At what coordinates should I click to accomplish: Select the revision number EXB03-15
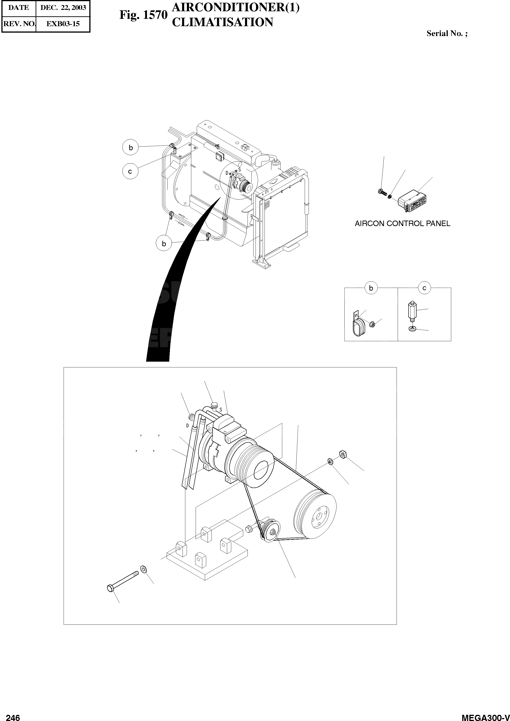point(63,24)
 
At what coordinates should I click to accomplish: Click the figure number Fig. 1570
point(143,15)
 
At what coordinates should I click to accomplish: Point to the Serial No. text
point(447,34)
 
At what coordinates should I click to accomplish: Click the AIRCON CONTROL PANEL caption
point(402,224)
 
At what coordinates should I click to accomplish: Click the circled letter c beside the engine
point(130,172)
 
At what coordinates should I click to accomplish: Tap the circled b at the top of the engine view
point(131,148)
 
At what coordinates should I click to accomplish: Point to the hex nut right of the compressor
point(343,454)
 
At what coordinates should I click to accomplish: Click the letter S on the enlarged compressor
point(221,410)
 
